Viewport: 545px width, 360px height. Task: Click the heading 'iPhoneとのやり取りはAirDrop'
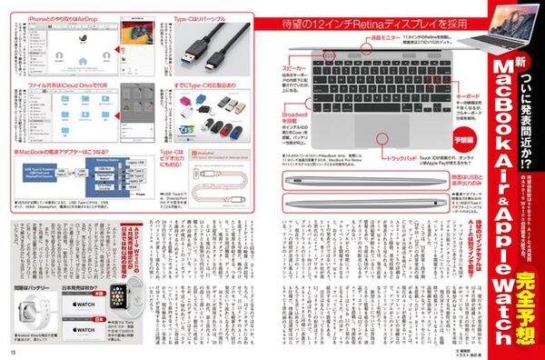(54, 17)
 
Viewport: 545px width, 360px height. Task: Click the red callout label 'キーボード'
(467, 95)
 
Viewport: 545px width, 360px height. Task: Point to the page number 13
(14, 352)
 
